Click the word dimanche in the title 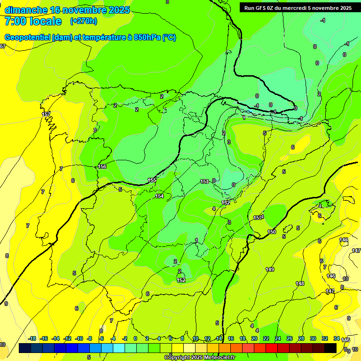pos(26,10)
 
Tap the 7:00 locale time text pos(33,21)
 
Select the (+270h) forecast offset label pos(84,21)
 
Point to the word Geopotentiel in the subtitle pos(27,38)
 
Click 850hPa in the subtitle pos(148,38)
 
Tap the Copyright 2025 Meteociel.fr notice pos(200,358)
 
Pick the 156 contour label pos(102,167)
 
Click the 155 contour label pos(152,180)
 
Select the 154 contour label pos(160,196)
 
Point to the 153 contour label pos(204,181)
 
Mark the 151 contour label pos(257,218)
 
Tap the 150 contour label pos(272,232)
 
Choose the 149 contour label pos(270,269)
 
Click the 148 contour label pos(300,283)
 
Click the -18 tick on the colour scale pos(32,338)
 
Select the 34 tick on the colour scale pos(337,338)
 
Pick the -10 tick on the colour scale pos(79,338)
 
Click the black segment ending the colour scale pos(330,348)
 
